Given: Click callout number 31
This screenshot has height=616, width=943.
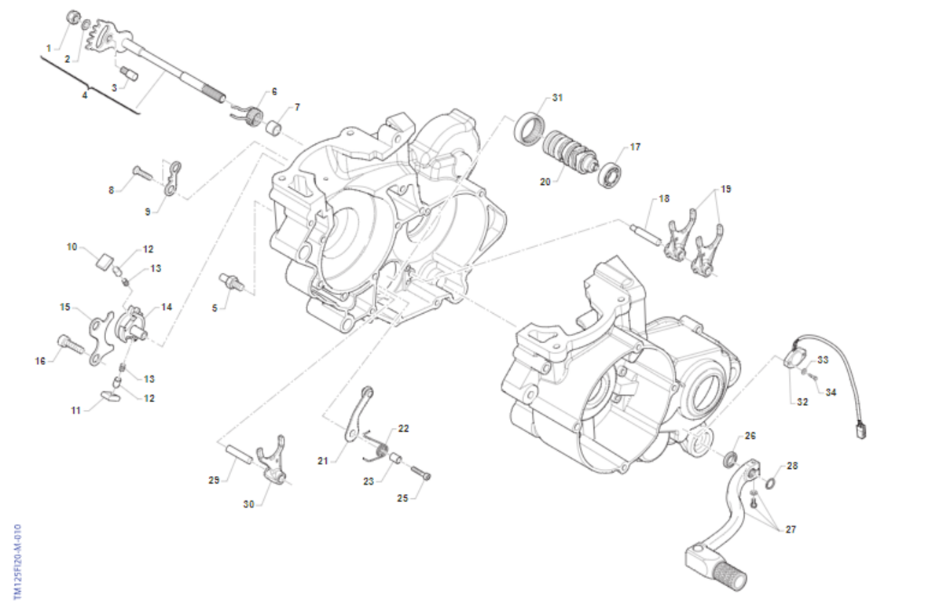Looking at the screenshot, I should pyautogui.click(x=557, y=98).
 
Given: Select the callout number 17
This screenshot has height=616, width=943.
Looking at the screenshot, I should pyautogui.click(x=635, y=147).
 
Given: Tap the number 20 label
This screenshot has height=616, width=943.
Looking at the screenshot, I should pyautogui.click(x=545, y=182).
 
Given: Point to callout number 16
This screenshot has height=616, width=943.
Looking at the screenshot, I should pyautogui.click(x=40, y=361).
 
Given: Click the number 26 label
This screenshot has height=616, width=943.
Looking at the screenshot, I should pyautogui.click(x=750, y=436).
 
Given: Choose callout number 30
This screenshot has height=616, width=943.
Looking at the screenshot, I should pyautogui.click(x=249, y=505).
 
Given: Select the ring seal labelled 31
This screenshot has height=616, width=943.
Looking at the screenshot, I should pyautogui.click(x=528, y=127).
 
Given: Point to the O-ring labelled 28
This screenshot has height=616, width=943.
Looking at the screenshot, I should pyautogui.click(x=772, y=481).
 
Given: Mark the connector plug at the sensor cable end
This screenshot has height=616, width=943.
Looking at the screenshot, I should pyautogui.click(x=862, y=427).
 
